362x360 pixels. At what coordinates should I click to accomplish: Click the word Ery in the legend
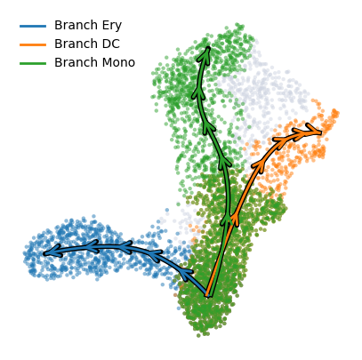[112, 26]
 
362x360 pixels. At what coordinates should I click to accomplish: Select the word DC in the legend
[110, 44]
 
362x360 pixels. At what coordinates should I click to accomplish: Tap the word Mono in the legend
[118, 62]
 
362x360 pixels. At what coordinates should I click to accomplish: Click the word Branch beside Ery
[76, 25]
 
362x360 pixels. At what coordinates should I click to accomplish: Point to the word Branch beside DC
[76, 44]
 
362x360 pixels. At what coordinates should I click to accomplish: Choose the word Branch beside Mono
[76, 62]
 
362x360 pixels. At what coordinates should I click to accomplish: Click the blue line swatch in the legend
[33, 27]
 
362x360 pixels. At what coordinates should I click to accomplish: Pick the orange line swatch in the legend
[33, 45]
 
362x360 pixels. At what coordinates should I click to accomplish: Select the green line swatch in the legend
[33, 63]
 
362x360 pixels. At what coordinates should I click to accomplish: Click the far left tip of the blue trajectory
[44, 253]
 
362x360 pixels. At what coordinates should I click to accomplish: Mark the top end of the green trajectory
[208, 47]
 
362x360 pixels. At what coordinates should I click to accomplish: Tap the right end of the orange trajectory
[320, 132]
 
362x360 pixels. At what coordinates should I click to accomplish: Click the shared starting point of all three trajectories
[208, 295]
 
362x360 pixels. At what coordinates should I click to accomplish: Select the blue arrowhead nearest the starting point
[185, 273]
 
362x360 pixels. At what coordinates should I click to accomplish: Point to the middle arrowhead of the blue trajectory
[125, 247]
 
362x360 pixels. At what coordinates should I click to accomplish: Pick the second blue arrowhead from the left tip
[93, 246]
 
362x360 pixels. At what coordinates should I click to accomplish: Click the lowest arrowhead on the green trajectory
[227, 220]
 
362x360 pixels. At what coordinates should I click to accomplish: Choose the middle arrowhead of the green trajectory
[209, 127]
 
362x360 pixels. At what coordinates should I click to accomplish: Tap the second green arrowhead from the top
[198, 92]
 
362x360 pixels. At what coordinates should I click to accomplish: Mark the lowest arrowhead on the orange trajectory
[235, 219]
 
